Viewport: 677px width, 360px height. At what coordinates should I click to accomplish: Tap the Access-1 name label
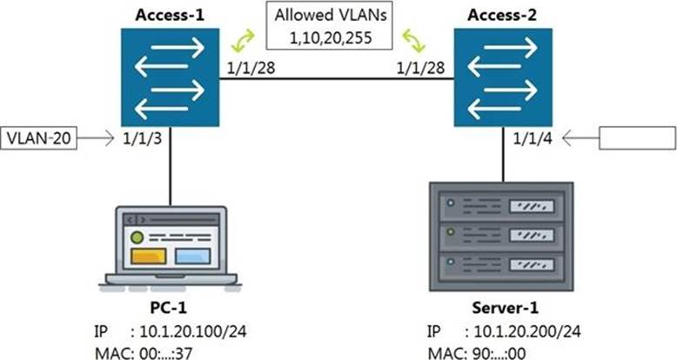click(170, 15)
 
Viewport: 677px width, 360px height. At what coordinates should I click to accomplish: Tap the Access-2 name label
click(503, 15)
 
